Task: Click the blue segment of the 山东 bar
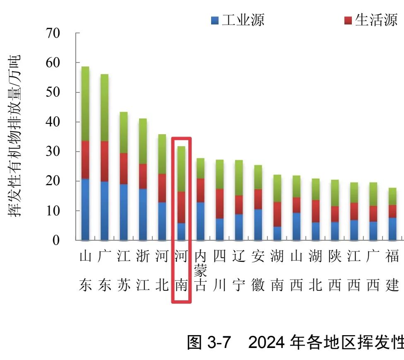(x=85, y=209)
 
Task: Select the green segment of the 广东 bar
(x=104, y=108)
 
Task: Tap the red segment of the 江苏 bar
(x=123, y=169)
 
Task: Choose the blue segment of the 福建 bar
(x=392, y=229)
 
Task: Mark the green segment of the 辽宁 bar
(x=239, y=178)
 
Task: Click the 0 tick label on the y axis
(x=56, y=240)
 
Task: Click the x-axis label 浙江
(x=143, y=271)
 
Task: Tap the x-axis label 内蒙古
(x=200, y=271)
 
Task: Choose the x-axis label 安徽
(x=258, y=271)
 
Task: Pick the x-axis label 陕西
(x=334, y=271)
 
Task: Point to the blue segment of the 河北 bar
(x=162, y=221)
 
